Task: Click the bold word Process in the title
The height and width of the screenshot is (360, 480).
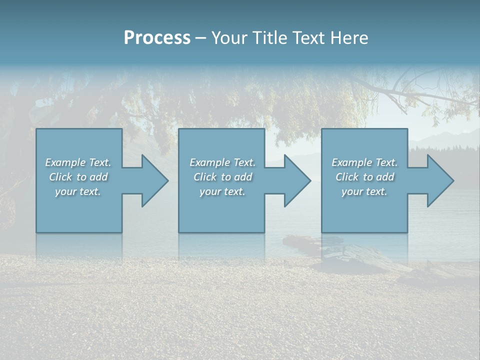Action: tap(157, 38)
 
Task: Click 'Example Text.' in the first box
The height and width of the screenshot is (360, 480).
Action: tap(78, 162)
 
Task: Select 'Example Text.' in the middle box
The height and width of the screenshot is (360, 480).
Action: tap(222, 162)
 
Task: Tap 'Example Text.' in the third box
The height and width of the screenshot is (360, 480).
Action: tap(364, 162)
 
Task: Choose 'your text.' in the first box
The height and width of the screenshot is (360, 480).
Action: tap(78, 191)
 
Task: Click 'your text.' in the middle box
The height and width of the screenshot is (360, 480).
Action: tap(222, 191)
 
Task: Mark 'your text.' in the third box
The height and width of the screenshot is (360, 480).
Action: tap(364, 191)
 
